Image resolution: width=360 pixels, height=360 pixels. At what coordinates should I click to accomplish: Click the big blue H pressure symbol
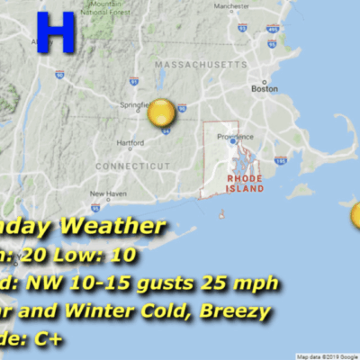[x=56, y=33]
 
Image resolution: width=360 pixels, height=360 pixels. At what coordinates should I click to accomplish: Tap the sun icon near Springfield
[x=161, y=112]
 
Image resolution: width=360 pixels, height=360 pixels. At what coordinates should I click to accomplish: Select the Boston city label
[x=264, y=89]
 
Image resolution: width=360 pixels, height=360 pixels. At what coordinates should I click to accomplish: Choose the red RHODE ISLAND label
[x=244, y=184]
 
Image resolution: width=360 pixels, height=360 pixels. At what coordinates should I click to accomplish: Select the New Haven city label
[x=107, y=193]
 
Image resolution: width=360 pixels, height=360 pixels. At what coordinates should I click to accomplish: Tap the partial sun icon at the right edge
[x=356, y=216]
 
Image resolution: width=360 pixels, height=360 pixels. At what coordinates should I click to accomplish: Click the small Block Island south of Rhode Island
[x=221, y=213]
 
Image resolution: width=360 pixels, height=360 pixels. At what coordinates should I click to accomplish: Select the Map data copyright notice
[x=328, y=356]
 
